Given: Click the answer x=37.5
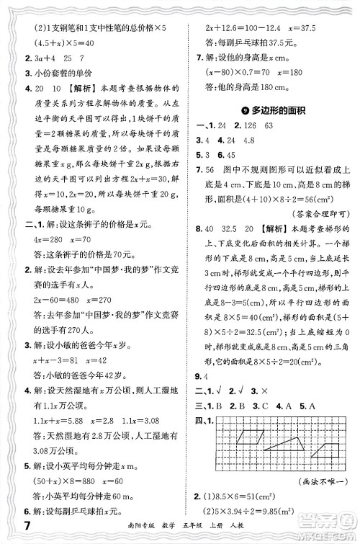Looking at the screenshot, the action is click(315, 26).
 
